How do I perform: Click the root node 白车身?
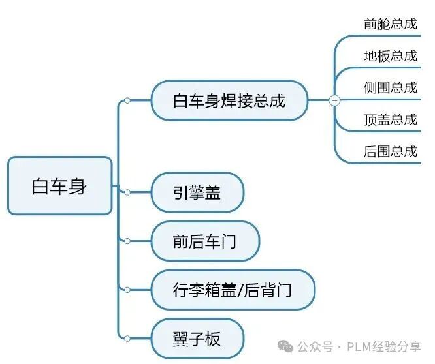coord(59,186)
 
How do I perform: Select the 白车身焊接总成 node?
coord(229,100)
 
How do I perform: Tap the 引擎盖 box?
coord(197,192)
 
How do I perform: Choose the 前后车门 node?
coord(204,241)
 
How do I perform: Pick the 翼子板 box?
coord(197,339)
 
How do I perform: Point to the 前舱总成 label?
coord(390,24)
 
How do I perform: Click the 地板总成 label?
coord(390,56)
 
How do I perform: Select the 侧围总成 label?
coord(390,88)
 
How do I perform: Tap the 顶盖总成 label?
coord(390,120)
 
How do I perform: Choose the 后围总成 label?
coord(390,152)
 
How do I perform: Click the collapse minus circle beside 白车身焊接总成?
coord(334,100)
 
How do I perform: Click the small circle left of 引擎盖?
coord(127,192)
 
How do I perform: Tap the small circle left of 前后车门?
coord(127,241)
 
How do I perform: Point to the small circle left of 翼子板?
coord(127,339)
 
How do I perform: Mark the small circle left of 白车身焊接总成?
coord(127,100)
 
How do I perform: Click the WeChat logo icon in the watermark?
coord(285,346)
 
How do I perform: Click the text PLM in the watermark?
coord(361,346)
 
